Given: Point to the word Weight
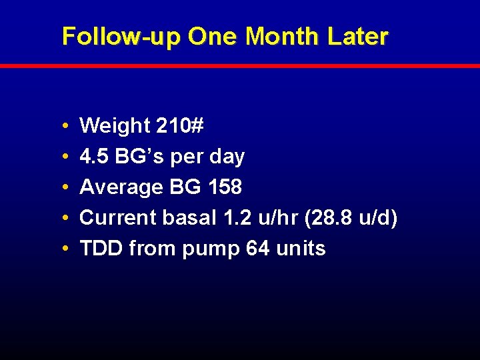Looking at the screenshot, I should [115, 126].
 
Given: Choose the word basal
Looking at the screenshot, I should [185, 218].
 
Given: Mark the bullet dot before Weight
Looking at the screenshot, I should [62, 126].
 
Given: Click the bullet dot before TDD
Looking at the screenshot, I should [62, 249].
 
